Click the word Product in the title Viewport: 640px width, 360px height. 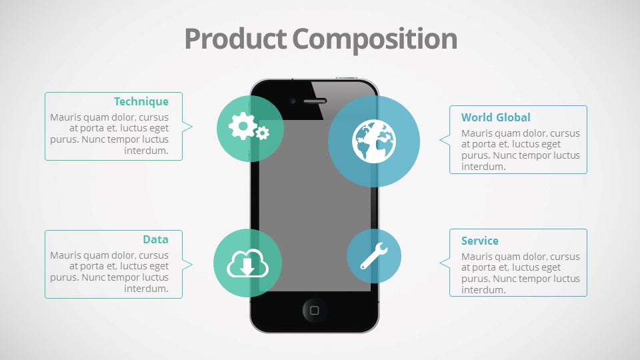click(x=235, y=39)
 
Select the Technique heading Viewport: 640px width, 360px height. click(x=141, y=101)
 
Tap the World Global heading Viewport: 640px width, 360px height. click(x=496, y=117)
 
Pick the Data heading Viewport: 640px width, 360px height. click(x=155, y=239)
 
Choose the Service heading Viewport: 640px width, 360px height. click(x=479, y=241)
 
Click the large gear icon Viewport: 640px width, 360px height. click(x=243, y=126)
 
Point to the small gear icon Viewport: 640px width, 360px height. click(x=262, y=133)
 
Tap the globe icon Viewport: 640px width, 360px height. click(x=374, y=141)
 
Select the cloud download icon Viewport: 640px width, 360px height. click(x=247, y=263)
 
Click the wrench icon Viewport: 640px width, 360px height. click(x=374, y=256)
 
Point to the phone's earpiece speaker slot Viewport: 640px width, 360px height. click(x=315, y=101)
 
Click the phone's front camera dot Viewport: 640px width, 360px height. click(x=293, y=101)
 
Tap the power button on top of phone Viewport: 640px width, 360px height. click(x=346, y=77)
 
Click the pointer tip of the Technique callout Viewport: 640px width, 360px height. click(x=192, y=127)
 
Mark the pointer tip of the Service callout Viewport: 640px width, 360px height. click(x=439, y=263)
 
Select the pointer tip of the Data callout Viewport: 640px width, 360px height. click(x=192, y=265)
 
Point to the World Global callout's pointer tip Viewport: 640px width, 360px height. click(x=439, y=139)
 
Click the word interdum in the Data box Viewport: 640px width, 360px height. click(x=146, y=289)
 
